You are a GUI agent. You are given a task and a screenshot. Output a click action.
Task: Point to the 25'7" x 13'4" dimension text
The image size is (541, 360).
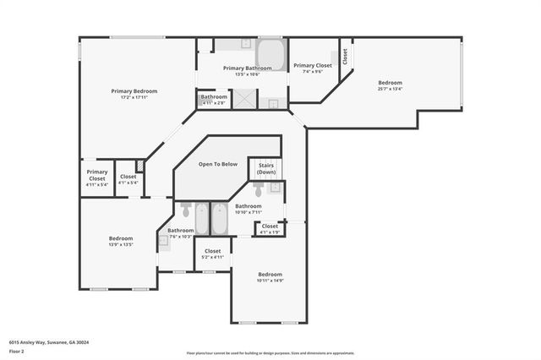pyautogui.click(x=390, y=89)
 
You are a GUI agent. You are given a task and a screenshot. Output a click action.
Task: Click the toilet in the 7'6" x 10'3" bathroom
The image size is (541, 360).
pyautogui.click(x=186, y=211)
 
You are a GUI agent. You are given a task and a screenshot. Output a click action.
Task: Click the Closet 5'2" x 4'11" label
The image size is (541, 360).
pyautogui.click(x=213, y=254)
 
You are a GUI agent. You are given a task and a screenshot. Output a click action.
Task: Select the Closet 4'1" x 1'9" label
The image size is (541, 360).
pyautogui.click(x=270, y=228)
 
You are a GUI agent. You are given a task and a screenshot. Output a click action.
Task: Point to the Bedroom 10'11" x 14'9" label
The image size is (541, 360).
pyautogui.click(x=270, y=277)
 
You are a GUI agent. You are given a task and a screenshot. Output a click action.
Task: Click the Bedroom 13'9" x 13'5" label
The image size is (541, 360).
pyautogui.click(x=121, y=241)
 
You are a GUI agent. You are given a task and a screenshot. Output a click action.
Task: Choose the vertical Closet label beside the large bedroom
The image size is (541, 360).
pyautogui.click(x=345, y=55)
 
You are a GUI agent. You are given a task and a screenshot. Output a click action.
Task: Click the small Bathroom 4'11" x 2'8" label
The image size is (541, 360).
pyautogui.click(x=213, y=99)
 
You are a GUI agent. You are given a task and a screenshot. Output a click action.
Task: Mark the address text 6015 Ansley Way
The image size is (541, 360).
pyautogui.click(x=49, y=342)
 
